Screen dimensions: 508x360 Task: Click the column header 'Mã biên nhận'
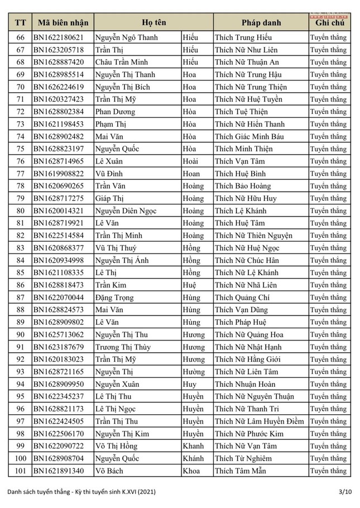tap(61, 23)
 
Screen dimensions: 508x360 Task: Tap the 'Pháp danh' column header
tap(261, 23)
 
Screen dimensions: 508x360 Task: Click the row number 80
tap(21, 211)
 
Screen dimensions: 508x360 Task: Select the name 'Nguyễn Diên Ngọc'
tap(125, 211)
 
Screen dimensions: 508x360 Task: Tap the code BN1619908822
tap(59, 174)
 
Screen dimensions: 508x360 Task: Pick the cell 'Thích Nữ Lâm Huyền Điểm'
tap(259, 421)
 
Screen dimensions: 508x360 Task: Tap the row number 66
tap(21, 37)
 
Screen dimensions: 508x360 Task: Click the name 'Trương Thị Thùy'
tap(122, 347)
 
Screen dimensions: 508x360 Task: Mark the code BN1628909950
tap(59, 384)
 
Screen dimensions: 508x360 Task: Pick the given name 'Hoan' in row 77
tap(191, 174)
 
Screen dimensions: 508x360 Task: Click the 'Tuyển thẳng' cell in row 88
tap(328, 310)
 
